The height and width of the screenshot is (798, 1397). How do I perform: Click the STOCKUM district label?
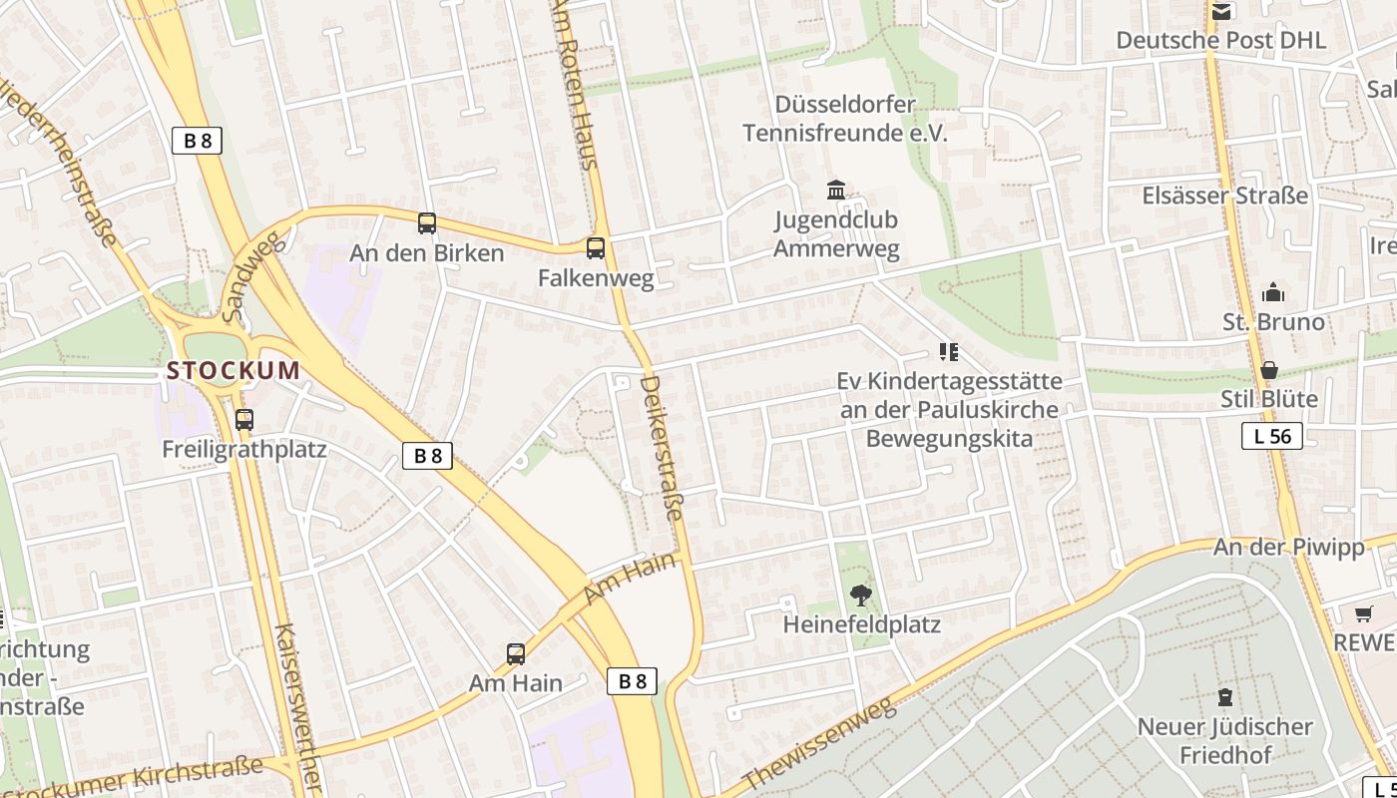233,371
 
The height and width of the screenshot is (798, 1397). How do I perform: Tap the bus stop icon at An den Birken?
427,223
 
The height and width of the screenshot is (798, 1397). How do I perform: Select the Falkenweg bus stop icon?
596,248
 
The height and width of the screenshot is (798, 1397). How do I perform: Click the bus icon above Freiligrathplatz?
244,420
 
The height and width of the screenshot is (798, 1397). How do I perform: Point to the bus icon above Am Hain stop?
516,654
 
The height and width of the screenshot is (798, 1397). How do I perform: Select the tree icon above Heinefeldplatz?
860,596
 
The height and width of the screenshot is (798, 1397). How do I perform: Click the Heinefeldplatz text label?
862,625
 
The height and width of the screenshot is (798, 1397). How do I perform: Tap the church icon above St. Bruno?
1273,292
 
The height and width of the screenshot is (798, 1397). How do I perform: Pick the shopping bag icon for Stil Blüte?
1269,370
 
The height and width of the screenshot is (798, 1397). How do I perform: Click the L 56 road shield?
1272,436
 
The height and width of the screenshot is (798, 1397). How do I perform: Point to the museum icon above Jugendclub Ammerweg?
836,191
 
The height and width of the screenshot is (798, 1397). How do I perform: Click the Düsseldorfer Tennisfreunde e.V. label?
845,119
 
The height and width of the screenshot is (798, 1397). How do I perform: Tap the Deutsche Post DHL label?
1221,40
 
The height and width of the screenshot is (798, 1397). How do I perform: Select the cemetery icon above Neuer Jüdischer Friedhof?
1224,696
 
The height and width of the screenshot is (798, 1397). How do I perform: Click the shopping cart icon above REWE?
1364,612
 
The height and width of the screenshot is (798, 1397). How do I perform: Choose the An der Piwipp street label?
1288,548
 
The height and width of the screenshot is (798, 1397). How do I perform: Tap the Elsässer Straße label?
1224,196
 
